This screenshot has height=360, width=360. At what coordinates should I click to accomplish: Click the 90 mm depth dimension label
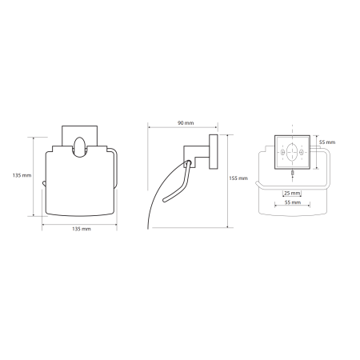click(x=186, y=123)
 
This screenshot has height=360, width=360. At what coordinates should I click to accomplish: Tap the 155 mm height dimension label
click(x=238, y=178)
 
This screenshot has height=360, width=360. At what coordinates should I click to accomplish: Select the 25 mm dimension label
click(x=292, y=193)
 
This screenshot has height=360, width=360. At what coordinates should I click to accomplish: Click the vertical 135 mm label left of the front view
click(x=22, y=175)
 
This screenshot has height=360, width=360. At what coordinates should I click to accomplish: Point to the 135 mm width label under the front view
click(x=82, y=229)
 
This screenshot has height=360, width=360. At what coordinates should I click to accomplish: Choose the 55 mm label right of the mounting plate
click(x=327, y=142)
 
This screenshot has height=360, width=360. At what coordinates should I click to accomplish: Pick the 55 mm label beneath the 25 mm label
click(x=293, y=202)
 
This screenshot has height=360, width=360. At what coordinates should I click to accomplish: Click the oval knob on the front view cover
click(x=79, y=147)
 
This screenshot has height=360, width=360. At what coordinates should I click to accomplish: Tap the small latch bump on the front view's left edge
click(x=44, y=183)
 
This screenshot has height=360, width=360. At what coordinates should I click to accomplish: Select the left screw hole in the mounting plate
click(x=283, y=153)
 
